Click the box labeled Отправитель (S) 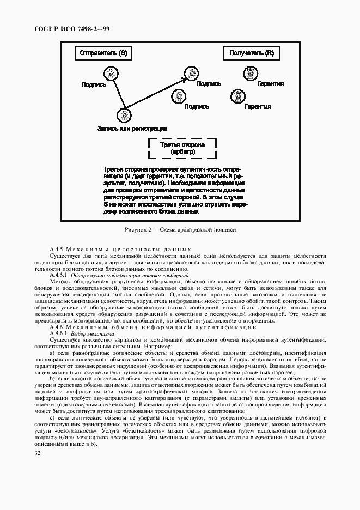pyautogui.click(x=103, y=53)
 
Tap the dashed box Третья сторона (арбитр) pyautogui.click(x=182, y=149)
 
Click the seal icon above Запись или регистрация pyautogui.click(x=125, y=116)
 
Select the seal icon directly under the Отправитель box pyautogui.click(x=111, y=73)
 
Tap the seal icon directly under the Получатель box pyautogui.click(x=251, y=73)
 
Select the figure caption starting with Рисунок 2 pyautogui.click(x=180, y=230)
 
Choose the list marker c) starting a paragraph pyautogui.click(x=52, y=418)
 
